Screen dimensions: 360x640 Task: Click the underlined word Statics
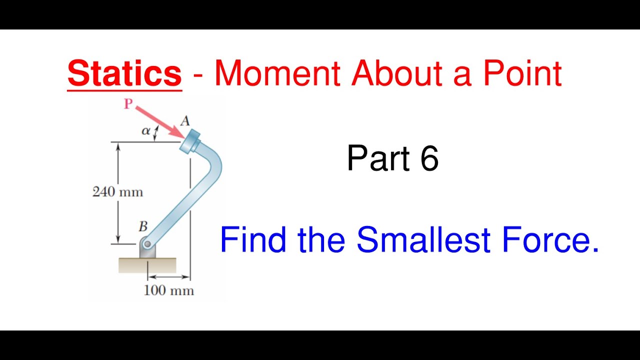pos(124,73)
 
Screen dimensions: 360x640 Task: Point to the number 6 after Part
pos(429,158)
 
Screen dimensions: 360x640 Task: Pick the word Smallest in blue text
pos(424,239)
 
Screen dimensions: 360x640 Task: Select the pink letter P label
pos(128,103)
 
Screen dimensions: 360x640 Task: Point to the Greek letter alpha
pos(145,131)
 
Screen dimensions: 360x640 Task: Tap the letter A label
pos(185,120)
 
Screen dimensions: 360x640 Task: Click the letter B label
pos(143,226)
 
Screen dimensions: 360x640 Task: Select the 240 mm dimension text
pos(117,192)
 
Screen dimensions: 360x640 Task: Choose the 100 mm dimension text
pos(168,290)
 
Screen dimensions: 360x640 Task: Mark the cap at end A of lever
pos(190,141)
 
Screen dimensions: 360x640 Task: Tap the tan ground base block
pos(147,265)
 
